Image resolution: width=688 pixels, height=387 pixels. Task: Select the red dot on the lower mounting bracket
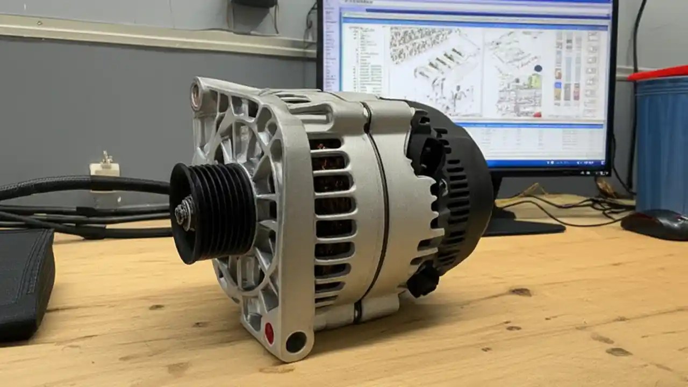coord(269,333)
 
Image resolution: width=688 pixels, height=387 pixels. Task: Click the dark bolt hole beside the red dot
coord(295,341)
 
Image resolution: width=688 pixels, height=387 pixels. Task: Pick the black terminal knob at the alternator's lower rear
coord(422,279)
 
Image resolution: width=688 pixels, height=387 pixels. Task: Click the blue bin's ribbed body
coord(661,140)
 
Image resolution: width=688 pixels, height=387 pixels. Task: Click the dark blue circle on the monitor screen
coord(538,69)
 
